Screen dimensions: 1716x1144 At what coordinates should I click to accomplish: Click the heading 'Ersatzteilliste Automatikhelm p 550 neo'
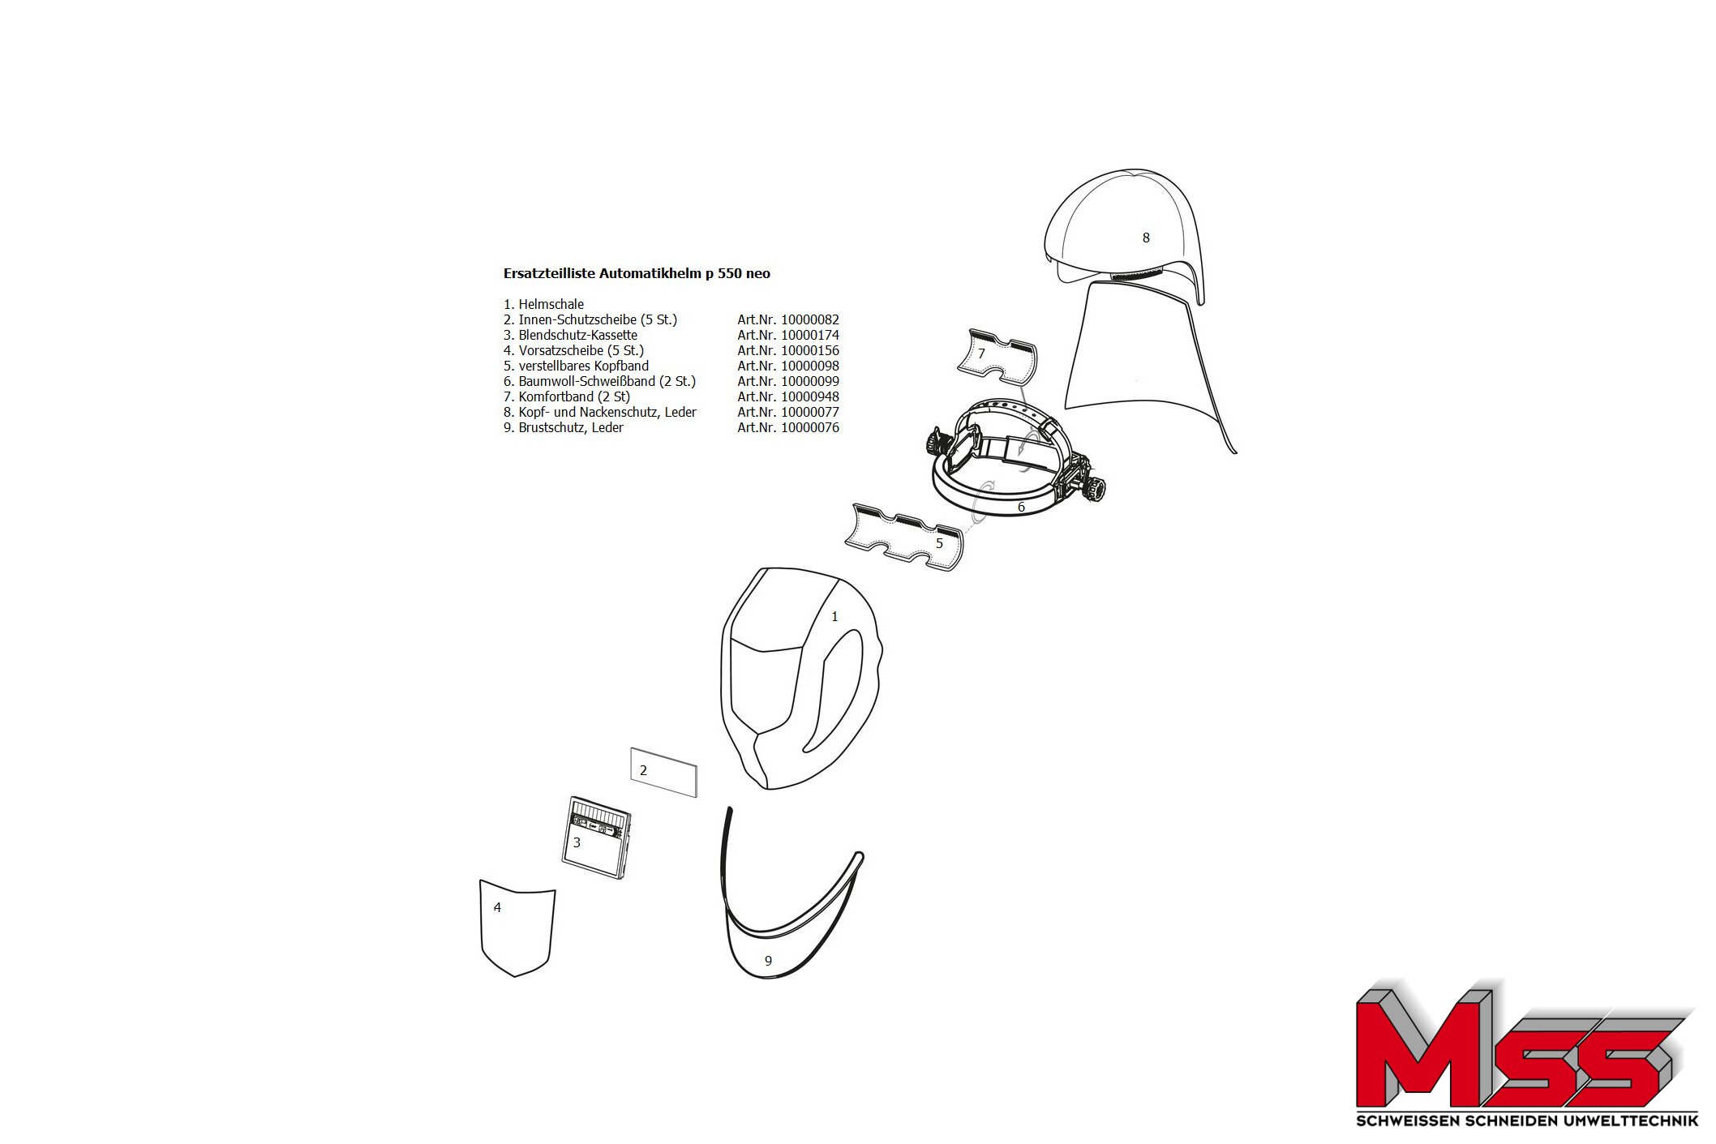[x=637, y=273]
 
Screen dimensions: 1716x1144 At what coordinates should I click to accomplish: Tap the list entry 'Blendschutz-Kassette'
[x=578, y=335]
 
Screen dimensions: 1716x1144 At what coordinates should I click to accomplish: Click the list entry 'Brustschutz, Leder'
[x=571, y=427]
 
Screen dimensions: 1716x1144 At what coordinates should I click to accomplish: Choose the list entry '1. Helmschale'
[x=543, y=304]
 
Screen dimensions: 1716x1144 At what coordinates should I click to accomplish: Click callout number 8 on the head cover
[x=1146, y=238]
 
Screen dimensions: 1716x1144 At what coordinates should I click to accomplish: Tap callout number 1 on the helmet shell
[x=834, y=617]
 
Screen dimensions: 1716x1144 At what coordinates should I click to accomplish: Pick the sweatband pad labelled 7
[x=997, y=356]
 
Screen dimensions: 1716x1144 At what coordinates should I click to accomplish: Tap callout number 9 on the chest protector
[x=768, y=961]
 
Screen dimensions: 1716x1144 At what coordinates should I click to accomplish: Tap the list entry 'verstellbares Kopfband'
[x=584, y=366]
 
